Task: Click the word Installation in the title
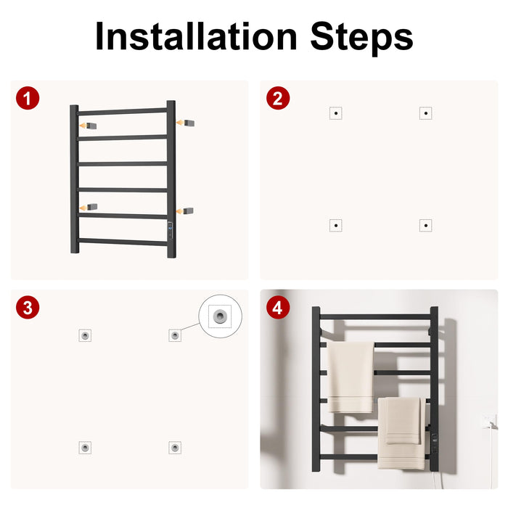197,36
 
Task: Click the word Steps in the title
361,38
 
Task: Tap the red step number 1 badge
28,98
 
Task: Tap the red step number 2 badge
278,98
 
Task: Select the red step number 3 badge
28,308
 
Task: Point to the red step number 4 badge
278,308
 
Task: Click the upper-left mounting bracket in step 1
91,126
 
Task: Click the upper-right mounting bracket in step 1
189,123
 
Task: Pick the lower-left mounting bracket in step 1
92,207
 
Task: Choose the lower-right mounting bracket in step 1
188,210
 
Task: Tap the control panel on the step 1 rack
171,230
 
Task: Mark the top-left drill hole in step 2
336,113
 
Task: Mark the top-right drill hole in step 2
426,113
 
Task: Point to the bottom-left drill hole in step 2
336,225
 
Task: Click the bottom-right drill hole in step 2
426,225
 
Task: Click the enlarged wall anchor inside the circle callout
220,316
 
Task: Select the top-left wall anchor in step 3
85,335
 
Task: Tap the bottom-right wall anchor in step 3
175,448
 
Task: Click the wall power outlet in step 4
488,421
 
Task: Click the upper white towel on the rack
351,377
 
